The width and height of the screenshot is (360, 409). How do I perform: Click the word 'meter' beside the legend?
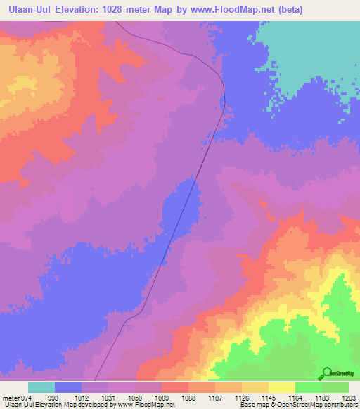9,397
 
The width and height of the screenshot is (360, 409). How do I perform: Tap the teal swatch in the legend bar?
41,387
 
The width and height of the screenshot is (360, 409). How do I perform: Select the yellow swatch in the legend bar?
281,387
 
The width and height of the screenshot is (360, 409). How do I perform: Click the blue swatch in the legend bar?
68,387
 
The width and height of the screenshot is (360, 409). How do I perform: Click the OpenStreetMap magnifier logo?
326,373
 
